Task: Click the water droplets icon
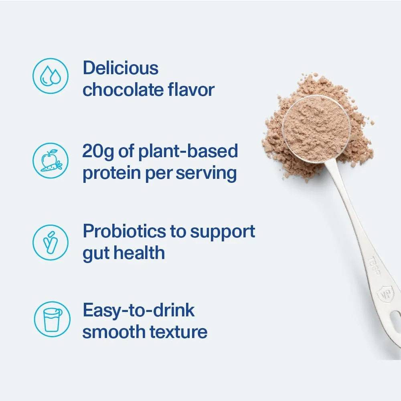pyautogui.click(x=50, y=76)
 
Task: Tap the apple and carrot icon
pyautogui.click(x=50, y=161)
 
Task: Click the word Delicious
pyautogui.click(x=120, y=68)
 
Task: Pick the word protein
pyautogui.click(x=109, y=174)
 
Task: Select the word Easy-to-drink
pyautogui.click(x=138, y=311)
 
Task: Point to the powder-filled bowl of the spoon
pyautogui.click(x=316, y=128)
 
